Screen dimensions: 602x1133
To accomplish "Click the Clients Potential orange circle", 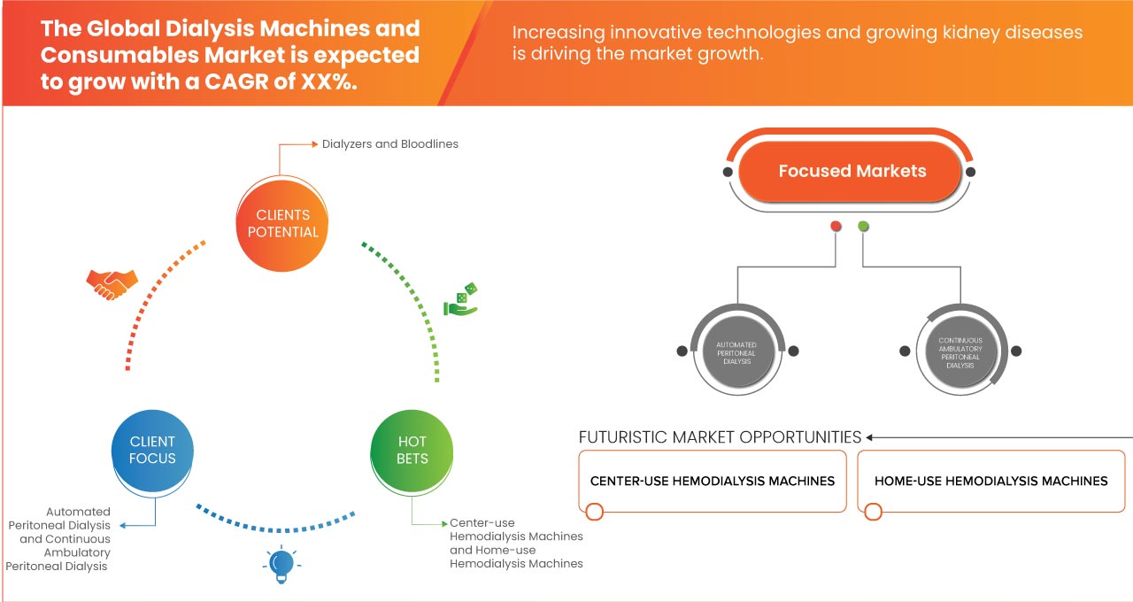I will (282, 223).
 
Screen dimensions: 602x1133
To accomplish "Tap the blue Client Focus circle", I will (152, 450).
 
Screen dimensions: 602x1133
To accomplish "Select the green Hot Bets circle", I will (412, 450).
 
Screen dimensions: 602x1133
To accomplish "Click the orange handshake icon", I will (112, 283).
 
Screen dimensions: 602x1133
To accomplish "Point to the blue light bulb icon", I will (281, 564).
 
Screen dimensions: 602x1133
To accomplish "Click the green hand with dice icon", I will (460, 300).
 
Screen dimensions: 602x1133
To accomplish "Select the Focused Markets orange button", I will (852, 171).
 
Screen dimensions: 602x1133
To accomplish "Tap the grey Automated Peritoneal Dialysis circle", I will (737, 351).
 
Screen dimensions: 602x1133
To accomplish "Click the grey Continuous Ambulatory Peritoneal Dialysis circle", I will (960, 351).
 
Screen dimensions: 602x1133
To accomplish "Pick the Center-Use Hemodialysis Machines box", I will (713, 481).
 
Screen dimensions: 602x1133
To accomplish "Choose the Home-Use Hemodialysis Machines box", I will (990, 481).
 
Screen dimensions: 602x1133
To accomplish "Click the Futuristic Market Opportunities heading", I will (720, 437).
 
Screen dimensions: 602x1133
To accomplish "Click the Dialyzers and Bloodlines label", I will (390, 143).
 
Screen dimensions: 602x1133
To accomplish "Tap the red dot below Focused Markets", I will (836, 227).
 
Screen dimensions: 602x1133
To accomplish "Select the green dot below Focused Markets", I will (863, 227).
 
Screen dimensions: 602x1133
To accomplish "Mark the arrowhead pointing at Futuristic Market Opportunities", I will (870, 437).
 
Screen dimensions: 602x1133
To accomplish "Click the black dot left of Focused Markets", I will (728, 171).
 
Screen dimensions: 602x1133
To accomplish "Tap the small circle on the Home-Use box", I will (874, 512).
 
